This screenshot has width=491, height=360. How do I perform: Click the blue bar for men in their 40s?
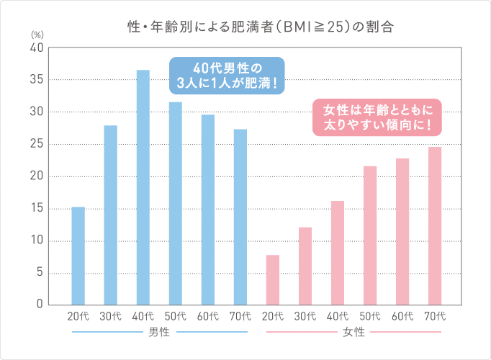coord(143,187)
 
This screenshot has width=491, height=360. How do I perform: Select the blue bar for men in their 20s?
coord(78,256)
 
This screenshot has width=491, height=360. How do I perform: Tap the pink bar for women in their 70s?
coord(435,226)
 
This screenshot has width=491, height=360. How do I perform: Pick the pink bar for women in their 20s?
coord(272,280)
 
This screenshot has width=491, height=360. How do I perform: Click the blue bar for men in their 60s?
coord(207,210)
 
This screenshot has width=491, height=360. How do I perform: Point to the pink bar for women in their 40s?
coord(338,253)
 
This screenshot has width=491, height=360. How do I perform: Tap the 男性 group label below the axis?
coord(159,333)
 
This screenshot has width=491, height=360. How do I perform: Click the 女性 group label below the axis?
coord(354,333)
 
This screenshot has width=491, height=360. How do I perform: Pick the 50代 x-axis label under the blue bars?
coord(176,316)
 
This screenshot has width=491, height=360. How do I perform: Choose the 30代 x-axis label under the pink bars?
coord(305,316)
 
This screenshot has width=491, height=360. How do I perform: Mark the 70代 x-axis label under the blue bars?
coord(240,316)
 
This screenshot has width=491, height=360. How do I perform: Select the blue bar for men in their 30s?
coord(110,215)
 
